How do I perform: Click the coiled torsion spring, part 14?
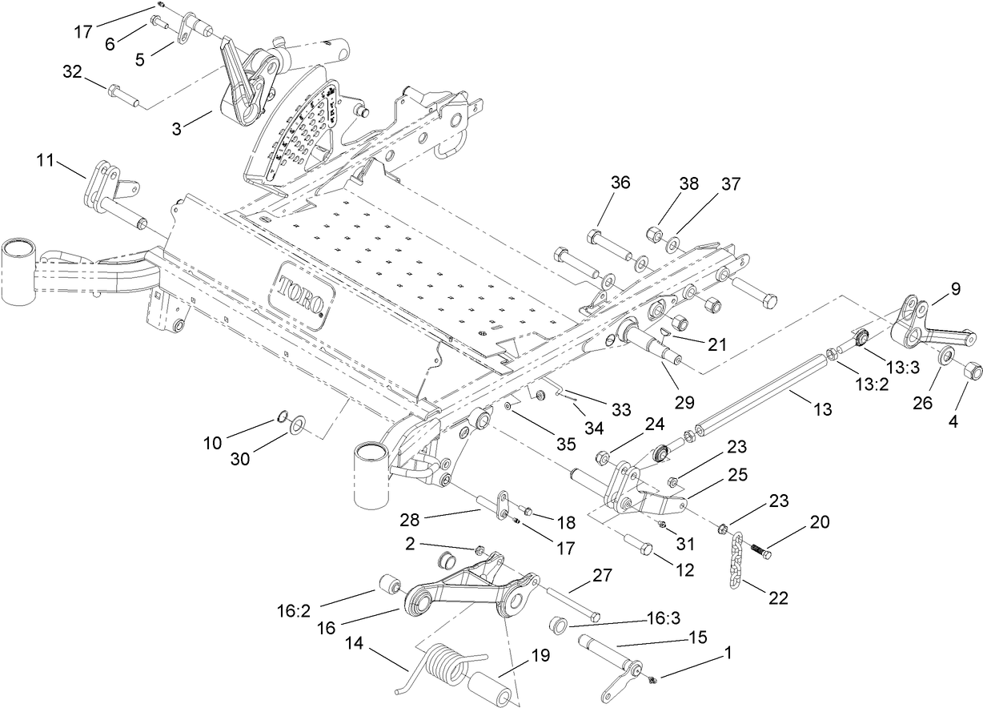pos(442,669)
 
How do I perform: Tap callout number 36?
pos(620,183)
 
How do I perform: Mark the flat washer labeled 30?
pos(297,422)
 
